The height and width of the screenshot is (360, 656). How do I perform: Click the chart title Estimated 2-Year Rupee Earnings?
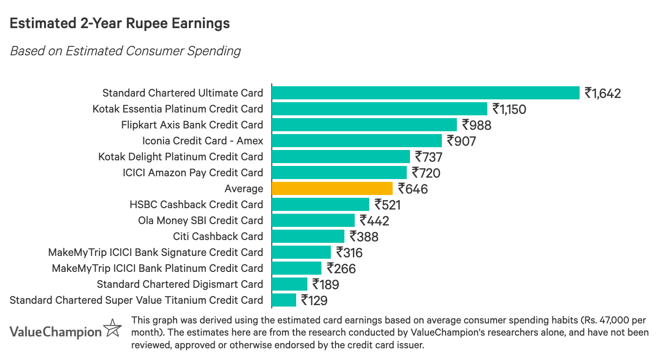119,23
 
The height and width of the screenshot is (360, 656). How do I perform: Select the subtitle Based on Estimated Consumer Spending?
125,51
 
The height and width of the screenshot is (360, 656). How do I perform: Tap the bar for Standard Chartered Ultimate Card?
425,93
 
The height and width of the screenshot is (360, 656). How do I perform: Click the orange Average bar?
332,188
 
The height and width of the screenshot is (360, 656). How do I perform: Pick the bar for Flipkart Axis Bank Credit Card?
364,125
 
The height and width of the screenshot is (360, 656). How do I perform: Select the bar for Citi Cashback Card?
308,236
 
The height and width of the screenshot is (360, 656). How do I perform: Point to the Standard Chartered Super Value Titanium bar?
284,300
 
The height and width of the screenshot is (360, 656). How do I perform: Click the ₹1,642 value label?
603,93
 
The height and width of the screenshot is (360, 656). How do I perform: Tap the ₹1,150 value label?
509,109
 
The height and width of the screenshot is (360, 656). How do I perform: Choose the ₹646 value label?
413,189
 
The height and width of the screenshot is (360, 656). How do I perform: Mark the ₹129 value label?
314,300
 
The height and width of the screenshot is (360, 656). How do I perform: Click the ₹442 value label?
374,221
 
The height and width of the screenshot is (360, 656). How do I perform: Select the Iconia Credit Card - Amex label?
202,141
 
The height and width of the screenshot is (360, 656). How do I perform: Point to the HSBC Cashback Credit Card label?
196,204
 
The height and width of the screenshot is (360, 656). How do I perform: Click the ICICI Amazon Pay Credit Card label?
193,172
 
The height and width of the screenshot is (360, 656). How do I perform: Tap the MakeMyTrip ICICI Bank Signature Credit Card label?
156,252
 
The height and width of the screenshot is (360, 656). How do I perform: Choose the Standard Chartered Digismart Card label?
180,284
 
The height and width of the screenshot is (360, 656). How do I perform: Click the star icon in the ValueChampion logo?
112,329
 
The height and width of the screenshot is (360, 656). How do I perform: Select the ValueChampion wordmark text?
55,332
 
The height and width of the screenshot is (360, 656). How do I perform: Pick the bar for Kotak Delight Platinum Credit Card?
341,157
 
